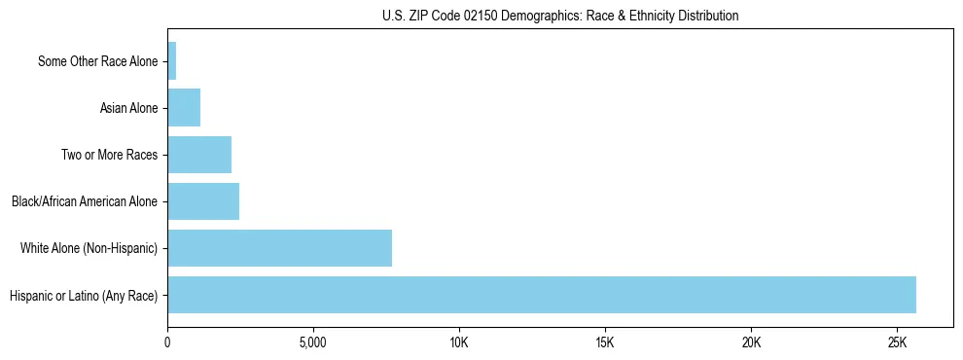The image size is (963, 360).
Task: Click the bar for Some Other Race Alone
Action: click(x=172, y=61)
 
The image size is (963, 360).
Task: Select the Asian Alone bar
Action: click(x=184, y=108)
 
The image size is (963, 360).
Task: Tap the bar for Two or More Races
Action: click(x=199, y=155)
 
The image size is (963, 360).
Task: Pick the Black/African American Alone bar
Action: click(x=203, y=201)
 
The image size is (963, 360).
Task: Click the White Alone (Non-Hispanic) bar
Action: click(x=280, y=248)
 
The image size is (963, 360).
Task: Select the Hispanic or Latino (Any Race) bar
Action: click(x=542, y=295)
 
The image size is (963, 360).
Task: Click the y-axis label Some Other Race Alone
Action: click(x=97, y=61)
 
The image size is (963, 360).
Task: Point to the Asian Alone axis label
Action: click(x=128, y=108)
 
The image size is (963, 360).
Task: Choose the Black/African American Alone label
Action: click(x=85, y=201)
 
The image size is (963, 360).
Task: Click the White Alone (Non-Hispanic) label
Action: click(x=89, y=248)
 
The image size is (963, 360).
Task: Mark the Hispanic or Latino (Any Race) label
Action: click(x=84, y=295)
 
